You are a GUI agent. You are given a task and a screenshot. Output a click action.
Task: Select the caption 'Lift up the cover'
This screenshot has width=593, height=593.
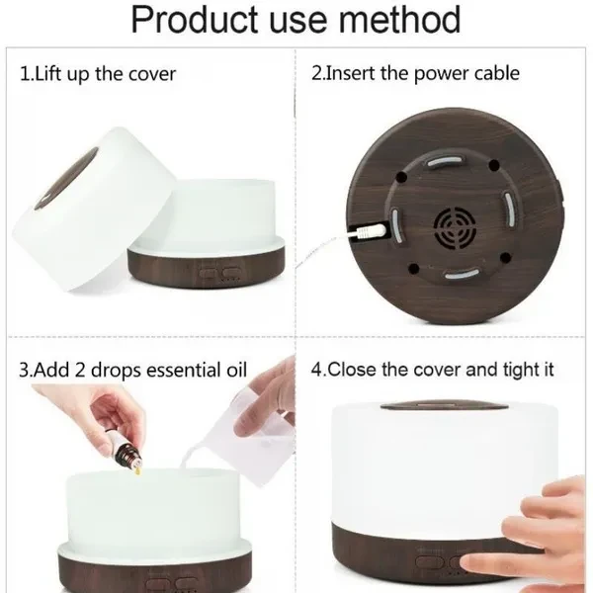106,74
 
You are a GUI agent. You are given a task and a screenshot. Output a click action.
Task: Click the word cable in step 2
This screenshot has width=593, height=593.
492,74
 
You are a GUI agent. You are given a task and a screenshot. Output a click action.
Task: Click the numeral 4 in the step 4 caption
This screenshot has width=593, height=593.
316,371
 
